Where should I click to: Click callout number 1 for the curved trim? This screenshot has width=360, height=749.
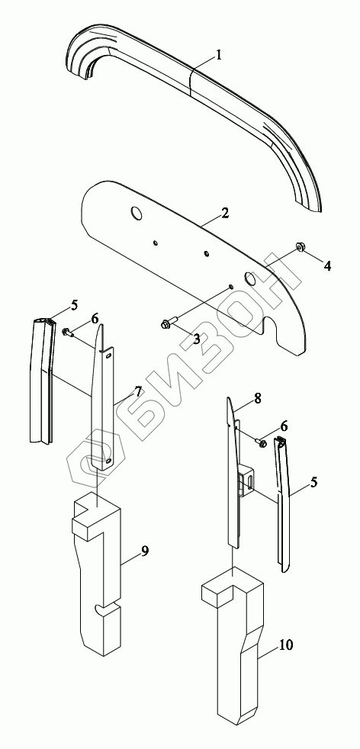tap(218, 56)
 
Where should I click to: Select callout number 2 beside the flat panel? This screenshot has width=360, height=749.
tap(225, 213)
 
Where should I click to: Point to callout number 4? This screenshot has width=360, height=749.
tap(327, 265)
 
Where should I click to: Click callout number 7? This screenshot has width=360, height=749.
tap(138, 392)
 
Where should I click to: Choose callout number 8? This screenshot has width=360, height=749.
tap(258, 398)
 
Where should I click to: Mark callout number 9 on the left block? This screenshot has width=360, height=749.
tap(145, 551)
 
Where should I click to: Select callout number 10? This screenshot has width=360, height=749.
tap(287, 645)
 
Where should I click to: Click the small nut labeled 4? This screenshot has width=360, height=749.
tap(301, 247)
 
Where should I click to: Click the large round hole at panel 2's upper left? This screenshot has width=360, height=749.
tap(137, 214)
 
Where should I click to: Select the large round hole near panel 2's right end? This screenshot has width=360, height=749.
tap(251, 278)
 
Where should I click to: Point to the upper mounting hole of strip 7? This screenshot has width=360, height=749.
tap(109, 355)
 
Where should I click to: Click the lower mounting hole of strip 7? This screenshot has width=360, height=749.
tap(109, 461)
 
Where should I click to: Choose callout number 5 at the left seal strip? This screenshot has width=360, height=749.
tap(74, 305)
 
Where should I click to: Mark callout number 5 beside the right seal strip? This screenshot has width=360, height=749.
tap(313, 483)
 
